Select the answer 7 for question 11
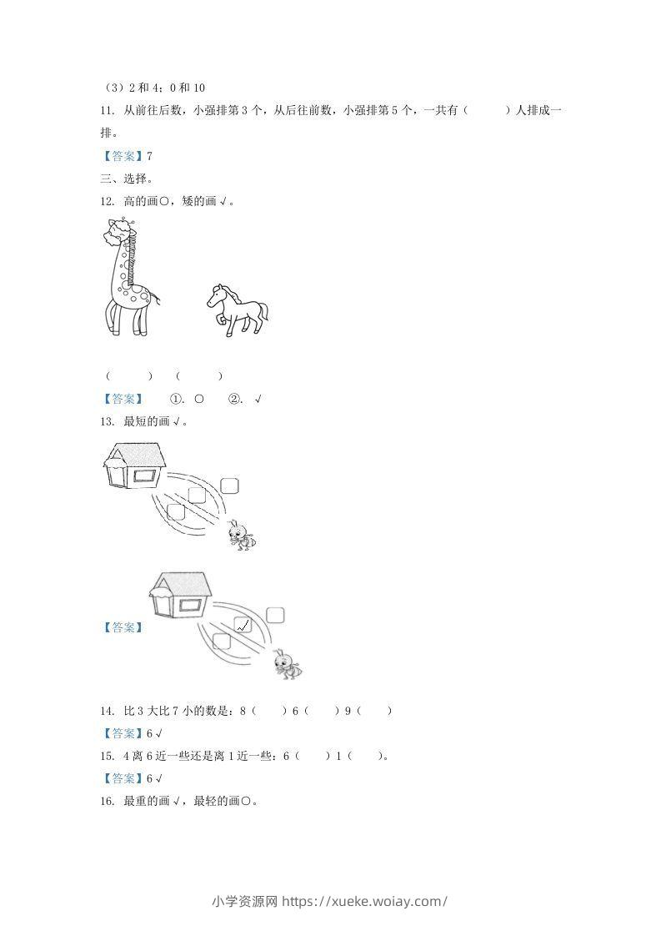pyautogui.click(x=149, y=156)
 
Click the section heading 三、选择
pyautogui.click(x=128, y=179)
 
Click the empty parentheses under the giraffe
pyautogui.click(x=129, y=376)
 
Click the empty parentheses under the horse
pyautogui.click(x=199, y=376)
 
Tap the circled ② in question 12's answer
pyautogui.click(x=233, y=399)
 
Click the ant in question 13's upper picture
pyautogui.click(x=242, y=535)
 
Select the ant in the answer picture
pyautogui.click(x=287, y=664)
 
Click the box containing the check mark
pyautogui.click(x=243, y=625)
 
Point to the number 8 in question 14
pyautogui.click(x=243, y=711)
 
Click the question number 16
pyautogui.click(x=107, y=801)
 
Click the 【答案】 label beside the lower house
pyautogui.click(x=123, y=627)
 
